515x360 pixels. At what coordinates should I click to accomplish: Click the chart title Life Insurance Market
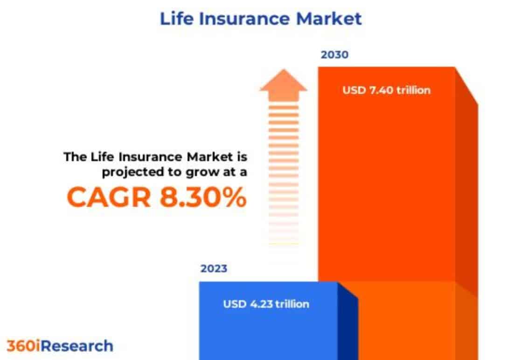tap(260, 18)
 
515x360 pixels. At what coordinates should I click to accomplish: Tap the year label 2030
tap(334, 55)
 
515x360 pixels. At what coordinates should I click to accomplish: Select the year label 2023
tap(214, 268)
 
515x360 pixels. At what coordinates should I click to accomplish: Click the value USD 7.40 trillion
tap(386, 90)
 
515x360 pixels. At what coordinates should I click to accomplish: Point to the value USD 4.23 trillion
tap(266, 304)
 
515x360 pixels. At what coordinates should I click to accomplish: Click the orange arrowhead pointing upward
tap(284, 85)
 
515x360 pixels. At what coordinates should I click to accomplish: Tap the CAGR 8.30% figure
tap(157, 197)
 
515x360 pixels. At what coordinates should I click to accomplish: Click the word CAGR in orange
tap(109, 197)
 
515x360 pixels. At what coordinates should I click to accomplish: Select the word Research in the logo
tap(77, 346)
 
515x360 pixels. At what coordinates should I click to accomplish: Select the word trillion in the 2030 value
tap(413, 90)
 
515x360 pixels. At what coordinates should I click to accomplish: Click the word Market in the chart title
tap(329, 18)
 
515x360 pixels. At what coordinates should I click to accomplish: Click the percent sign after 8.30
tap(235, 197)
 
